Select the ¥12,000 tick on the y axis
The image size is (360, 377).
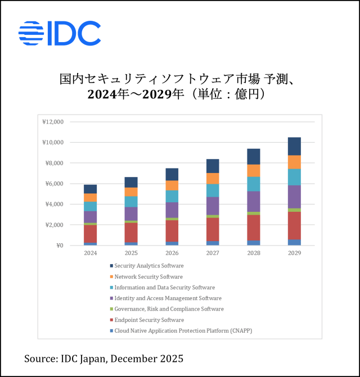[53, 122]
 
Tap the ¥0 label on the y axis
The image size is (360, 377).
[60, 246]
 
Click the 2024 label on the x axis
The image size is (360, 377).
[90, 253]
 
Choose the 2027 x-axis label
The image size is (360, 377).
[213, 253]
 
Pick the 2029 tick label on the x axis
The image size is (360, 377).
[294, 253]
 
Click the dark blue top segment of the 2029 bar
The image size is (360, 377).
[294, 146]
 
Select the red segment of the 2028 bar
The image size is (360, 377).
[253, 228]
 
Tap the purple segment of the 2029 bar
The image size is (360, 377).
[294, 197]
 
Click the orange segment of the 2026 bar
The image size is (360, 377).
[172, 185]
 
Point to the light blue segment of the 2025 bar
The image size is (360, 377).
[131, 202]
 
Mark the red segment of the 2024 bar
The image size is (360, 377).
[90, 234]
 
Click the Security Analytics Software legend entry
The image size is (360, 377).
[148, 266]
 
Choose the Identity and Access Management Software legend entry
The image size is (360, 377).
[166, 298]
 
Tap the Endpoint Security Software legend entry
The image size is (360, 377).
[148, 320]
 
